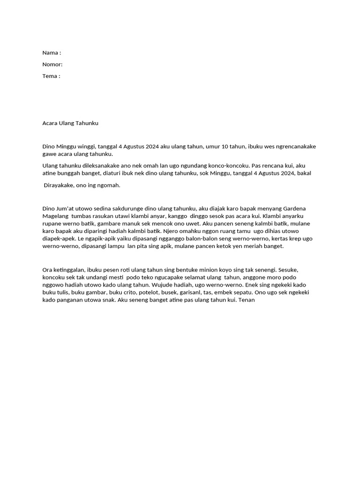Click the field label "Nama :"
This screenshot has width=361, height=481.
52,53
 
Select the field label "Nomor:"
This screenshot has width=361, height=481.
52,64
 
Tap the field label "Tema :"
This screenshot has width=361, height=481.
51,76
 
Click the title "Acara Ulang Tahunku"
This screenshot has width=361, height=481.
71,123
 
